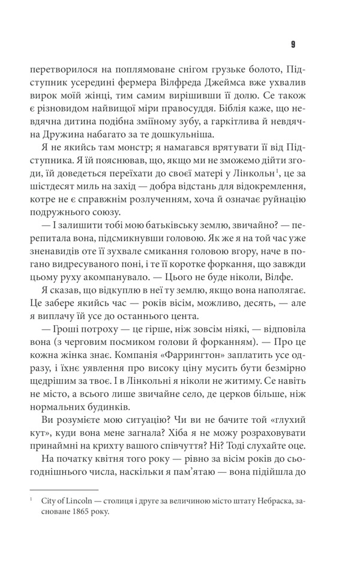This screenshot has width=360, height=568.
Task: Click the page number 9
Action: (292, 44)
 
